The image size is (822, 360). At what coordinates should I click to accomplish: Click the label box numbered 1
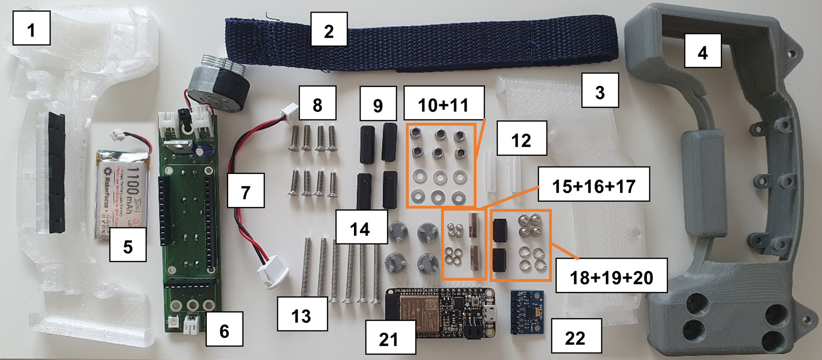tap(31, 28)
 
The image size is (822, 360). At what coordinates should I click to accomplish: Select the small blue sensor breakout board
tap(527, 312)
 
